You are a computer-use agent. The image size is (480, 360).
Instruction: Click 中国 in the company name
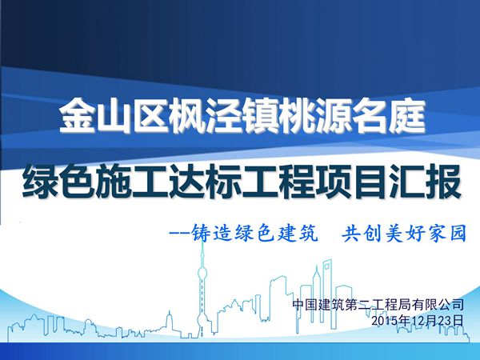304,305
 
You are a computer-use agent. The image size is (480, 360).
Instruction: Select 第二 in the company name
358,305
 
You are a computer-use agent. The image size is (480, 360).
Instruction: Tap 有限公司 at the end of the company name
437,305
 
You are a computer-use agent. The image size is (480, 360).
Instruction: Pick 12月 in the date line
418,320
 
